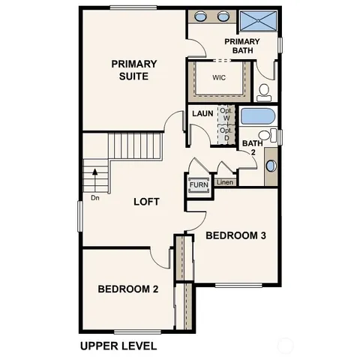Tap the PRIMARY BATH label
[x=241, y=46]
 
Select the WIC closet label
[x=219, y=78]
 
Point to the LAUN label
[x=202, y=114]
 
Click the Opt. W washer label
[x=225, y=114]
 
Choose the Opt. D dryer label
[x=225, y=133]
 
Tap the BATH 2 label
[x=252, y=148]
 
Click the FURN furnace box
[x=198, y=184]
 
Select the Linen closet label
[x=223, y=182]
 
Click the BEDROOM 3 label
[x=235, y=235]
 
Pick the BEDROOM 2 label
[x=127, y=289]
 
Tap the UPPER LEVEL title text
[x=118, y=346]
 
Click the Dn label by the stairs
[x=95, y=198]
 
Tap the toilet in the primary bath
[x=264, y=91]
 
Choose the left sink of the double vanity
[x=202, y=16]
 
